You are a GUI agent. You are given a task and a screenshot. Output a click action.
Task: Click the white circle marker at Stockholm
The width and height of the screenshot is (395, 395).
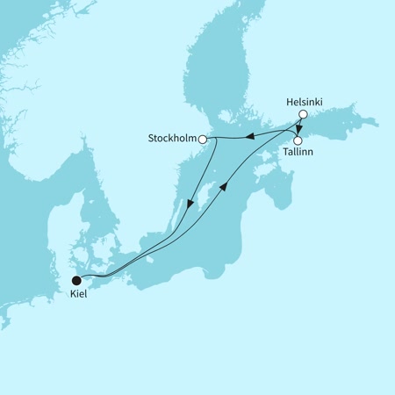(203, 139)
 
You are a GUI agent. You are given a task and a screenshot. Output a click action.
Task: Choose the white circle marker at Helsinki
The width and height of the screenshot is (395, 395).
(303, 115)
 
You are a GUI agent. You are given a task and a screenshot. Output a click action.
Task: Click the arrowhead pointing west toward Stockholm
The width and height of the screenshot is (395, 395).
(248, 135)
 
